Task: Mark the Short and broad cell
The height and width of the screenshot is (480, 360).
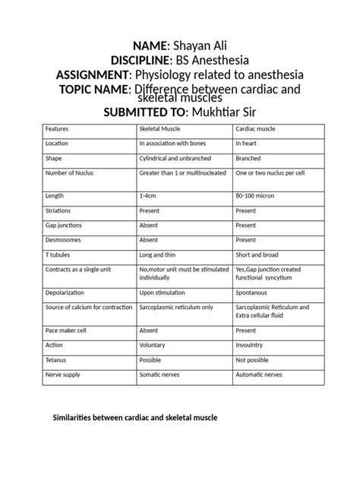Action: [x=257, y=255]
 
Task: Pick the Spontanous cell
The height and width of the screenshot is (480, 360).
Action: [x=254, y=292]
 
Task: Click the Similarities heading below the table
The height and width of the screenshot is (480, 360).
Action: [x=134, y=417]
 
